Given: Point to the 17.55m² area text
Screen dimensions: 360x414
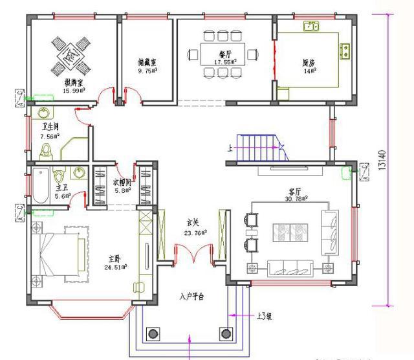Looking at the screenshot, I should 226,62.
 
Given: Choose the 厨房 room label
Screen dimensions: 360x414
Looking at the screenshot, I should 309,63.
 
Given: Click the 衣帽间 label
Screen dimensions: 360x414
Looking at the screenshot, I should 123,182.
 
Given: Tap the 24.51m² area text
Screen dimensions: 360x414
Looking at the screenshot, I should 116,265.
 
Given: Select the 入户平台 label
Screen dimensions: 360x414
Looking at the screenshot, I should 191,297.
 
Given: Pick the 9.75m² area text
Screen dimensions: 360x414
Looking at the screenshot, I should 148,71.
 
